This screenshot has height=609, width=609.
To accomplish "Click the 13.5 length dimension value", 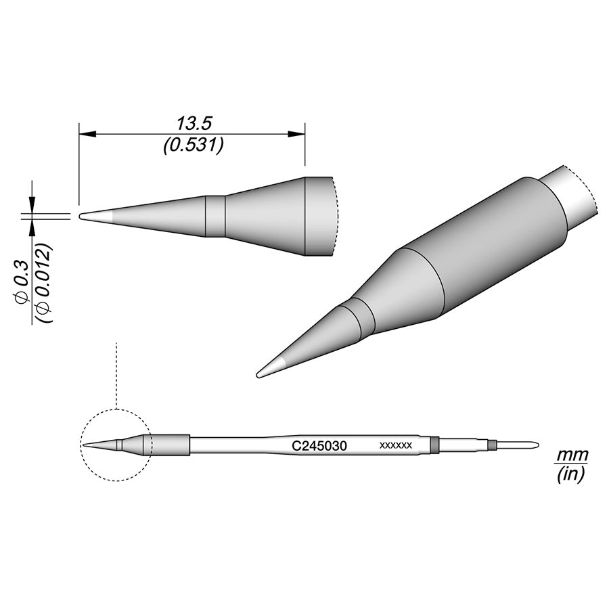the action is (x=194, y=124).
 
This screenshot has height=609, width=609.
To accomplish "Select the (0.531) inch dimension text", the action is (x=194, y=145).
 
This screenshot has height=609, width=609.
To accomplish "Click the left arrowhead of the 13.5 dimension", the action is (x=87, y=135).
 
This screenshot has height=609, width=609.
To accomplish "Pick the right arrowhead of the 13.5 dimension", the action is (x=296, y=135).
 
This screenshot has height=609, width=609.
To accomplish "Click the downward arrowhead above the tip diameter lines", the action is (x=32, y=204).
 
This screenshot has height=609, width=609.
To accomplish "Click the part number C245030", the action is (x=319, y=446).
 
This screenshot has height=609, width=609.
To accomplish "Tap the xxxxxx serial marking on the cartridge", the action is (x=395, y=445).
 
